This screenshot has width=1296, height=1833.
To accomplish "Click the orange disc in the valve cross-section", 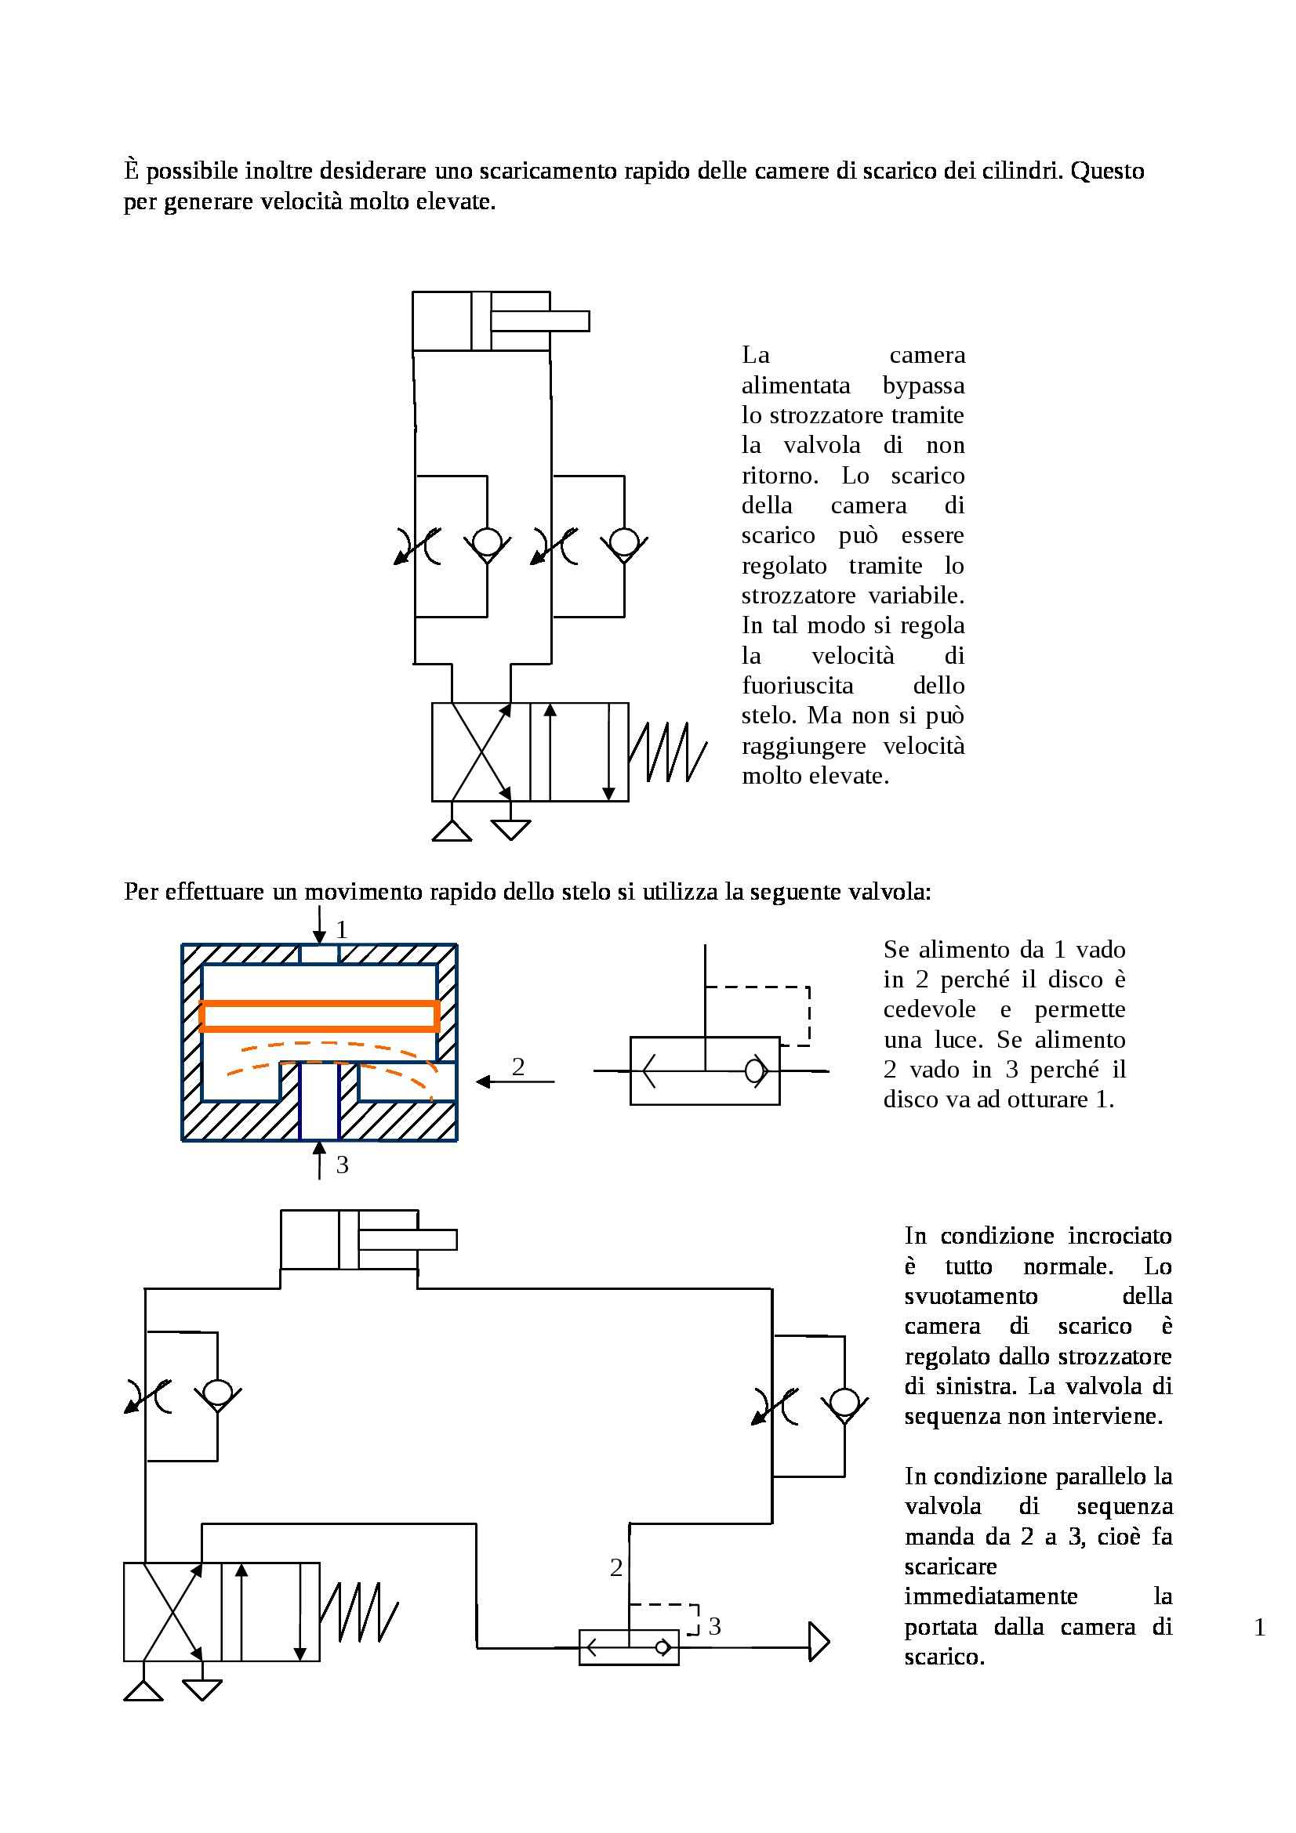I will (319, 1016).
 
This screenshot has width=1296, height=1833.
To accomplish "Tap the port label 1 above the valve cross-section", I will (342, 929).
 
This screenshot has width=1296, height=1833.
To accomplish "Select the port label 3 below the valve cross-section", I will (342, 1165).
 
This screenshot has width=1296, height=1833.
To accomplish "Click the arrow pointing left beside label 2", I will (515, 1081).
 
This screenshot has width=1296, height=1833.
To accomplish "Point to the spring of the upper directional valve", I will (667, 752).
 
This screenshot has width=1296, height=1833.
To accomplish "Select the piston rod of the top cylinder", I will (539, 321).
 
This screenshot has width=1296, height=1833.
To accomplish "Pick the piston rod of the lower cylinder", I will (407, 1239).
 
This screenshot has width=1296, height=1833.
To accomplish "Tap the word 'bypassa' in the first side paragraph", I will (923, 386).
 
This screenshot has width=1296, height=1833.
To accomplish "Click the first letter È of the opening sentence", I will (132, 170).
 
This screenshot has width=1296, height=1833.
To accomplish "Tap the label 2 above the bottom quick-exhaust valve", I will (615, 1568).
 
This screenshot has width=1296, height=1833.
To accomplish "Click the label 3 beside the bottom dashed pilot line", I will (715, 1626).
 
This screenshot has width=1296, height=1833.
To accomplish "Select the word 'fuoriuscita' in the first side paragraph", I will (797, 685).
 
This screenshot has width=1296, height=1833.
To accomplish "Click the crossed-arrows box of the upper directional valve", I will (481, 752).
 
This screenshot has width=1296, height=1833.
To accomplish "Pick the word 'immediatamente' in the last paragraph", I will (991, 1596).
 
